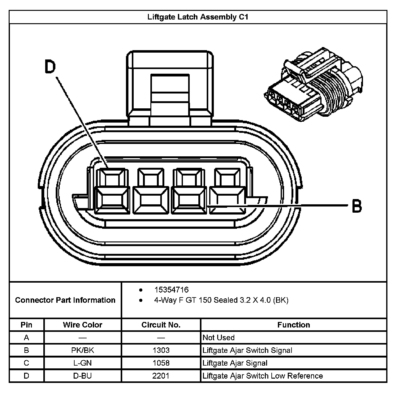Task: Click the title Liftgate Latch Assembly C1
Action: pyautogui.click(x=198, y=17)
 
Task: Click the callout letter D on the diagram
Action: pyautogui.click(x=50, y=67)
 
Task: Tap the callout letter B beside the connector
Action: pyautogui.click(x=357, y=206)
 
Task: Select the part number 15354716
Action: pyautogui.click(x=171, y=290)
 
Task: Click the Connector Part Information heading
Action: pyautogui.click(x=65, y=300)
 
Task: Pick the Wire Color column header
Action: pyautogui.click(x=82, y=325)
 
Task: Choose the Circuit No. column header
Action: pyautogui.click(x=161, y=325)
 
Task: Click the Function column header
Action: pyautogui.click(x=293, y=325)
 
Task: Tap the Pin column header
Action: pyautogui.click(x=26, y=325)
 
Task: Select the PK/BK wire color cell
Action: pyautogui.click(x=82, y=350)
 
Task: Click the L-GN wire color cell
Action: pyautogui.click(x=82, y=363)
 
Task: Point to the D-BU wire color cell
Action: pyautogui.click(x=82, y=376)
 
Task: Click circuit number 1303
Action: pyautogui.click(x=161, y=350)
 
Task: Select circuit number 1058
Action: pyautogui.click(x=161, y=363)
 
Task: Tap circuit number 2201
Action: pyautogui.click(x=161, y=376)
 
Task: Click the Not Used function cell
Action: pyautogui.click(x=218, y=337)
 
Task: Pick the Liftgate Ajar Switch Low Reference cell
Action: pyautogui.click(x=262, y=376)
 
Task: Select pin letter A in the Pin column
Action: pyautogui.click(x=26, y=337)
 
